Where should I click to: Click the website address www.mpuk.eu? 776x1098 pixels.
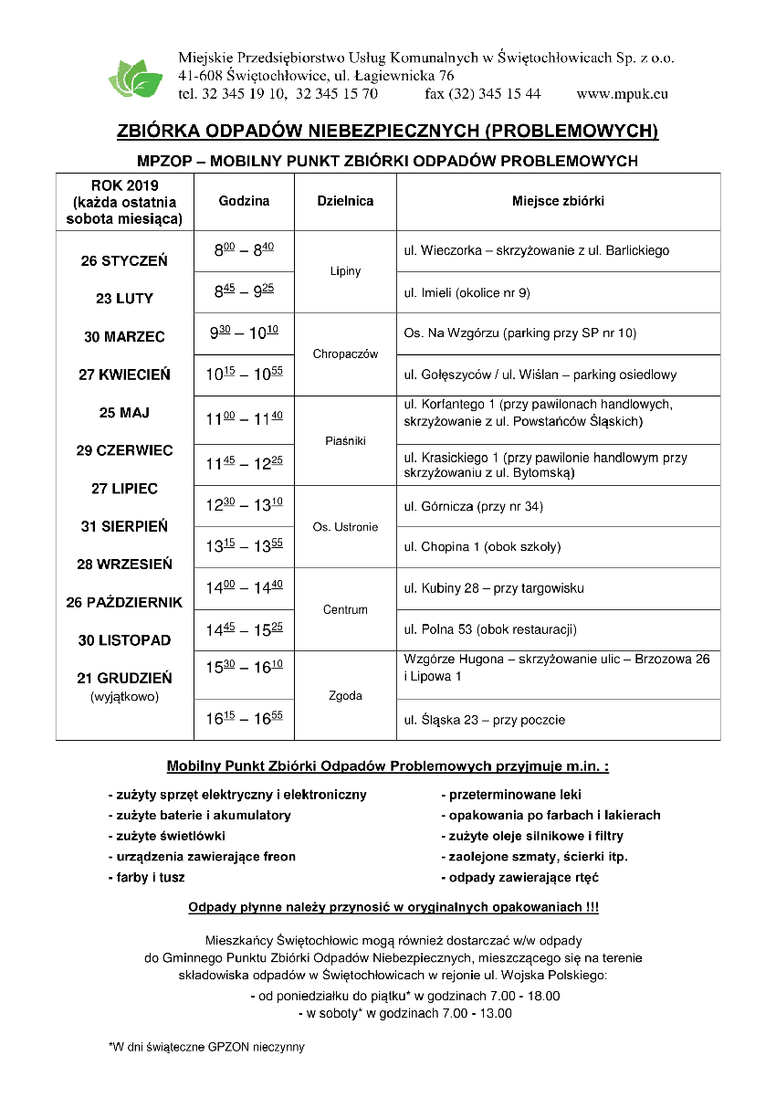click(x=623, y=93)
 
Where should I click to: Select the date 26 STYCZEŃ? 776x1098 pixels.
click(x=124, y=260)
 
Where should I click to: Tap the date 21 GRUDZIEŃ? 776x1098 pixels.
click(x=124, y=678)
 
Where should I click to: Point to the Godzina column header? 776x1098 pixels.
click(x=244, y=201)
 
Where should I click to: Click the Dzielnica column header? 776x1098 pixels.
click(x=345, y=201)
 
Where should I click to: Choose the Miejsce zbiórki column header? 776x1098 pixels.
click(x=558, y=201)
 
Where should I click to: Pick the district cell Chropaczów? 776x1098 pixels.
click(x=345, y=354)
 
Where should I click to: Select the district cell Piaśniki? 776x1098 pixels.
click(x=345, y=440)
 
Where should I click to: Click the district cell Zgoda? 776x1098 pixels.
click(x=345, y=695)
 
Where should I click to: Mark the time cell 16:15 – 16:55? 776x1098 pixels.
click(x=244, y=719)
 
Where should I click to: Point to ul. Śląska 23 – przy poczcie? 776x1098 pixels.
click(x=484, y=720)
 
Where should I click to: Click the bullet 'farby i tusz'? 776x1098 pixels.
click(x=147, y=877)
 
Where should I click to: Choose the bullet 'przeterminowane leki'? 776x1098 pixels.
click(x=512, y=794)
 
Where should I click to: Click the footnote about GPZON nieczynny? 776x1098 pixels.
click(x=206, y=1047)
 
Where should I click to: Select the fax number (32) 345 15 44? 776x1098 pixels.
click(x=482, y=93)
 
